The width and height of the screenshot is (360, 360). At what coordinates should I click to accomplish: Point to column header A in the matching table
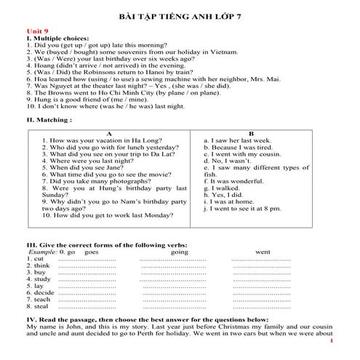click(109, 134)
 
